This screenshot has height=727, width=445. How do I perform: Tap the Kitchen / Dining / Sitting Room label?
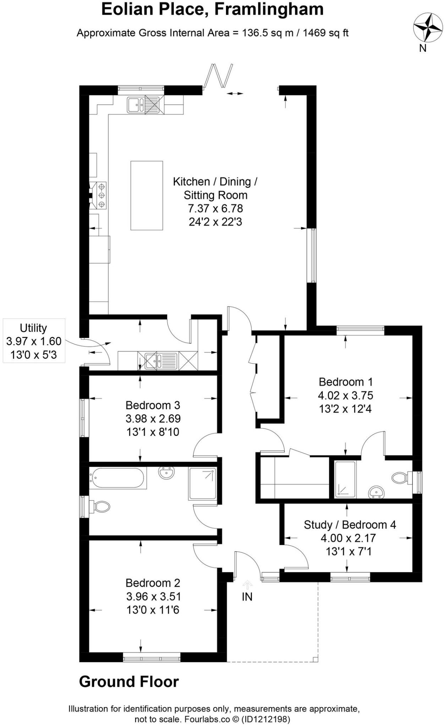pyautogui.click(x=215, y=188)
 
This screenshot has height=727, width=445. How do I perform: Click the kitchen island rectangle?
pyautogui.click(x=147, y=196)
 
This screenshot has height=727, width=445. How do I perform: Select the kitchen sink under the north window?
pyautogui.click(x=135, y=105)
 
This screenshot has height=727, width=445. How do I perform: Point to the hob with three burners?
pyautogui.click(x=101, y=195)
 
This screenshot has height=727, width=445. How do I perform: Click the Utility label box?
pyautogui.click(x=34, y=341)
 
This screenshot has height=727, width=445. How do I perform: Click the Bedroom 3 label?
pyautogui.click(x=153, y=405)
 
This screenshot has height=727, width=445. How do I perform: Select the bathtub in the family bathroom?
pyautogui.click(x=117, y=478)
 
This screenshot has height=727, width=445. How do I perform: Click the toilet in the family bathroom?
pyautogui.click(x=101, y=506)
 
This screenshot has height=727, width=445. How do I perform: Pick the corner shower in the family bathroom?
pyautogui.click(x=202, y=483)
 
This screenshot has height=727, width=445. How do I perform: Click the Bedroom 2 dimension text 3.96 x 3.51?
pyautogui.click(x=153, y=596)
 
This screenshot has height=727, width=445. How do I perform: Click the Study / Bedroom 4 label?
pyautogui.click(x=350, y=525)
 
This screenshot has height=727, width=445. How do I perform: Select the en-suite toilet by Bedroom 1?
pyautogui.click(x=401, y=477)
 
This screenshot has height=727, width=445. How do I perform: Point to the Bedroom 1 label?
pyautogui.click(x=346, y=382)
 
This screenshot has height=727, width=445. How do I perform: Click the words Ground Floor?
pyautogui.click(x=129, y=682)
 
